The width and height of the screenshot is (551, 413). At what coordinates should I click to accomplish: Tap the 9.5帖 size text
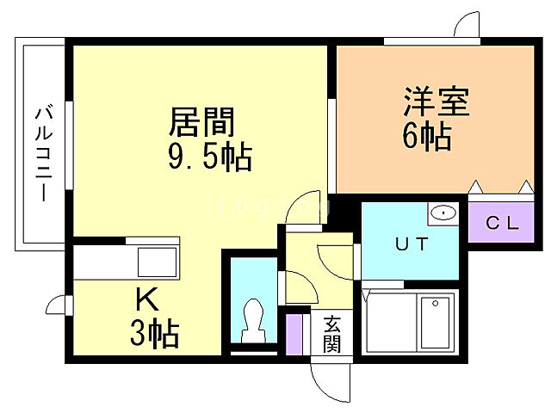click(209, 157)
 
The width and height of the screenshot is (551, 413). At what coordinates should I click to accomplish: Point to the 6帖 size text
click(426, 136)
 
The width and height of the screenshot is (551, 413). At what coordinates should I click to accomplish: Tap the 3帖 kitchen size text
click(155, 332)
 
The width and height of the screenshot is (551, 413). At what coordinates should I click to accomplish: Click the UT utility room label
click(412, 243)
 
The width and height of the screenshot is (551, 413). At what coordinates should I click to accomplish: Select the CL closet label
click(503, 225)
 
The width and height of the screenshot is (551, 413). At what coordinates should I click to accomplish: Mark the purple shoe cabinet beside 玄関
click(295, 336)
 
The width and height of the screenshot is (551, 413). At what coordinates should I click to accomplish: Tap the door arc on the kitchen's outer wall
click(59, 305)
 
